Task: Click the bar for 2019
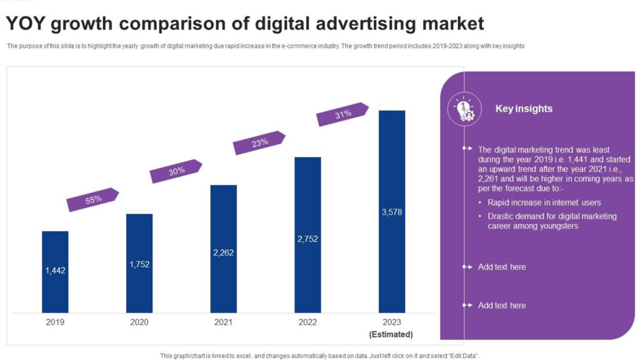55,272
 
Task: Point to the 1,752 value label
139,264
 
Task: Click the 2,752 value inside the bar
307,239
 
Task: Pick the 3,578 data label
392,212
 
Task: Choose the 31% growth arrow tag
342,114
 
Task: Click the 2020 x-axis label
139,322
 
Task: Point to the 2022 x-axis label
307,322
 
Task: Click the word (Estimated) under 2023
391,334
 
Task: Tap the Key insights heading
524,109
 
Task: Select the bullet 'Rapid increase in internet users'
544,202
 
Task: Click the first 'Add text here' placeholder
502,267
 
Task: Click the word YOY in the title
26,24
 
